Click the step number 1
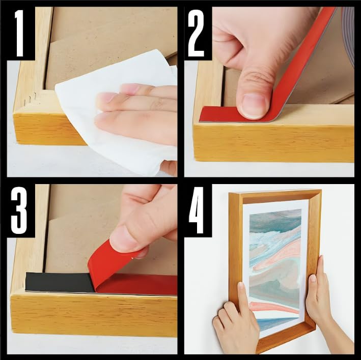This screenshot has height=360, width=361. point(19,34)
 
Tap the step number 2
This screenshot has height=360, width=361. point(196,34)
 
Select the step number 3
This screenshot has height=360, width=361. point(19,211)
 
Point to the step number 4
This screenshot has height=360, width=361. point(197,211)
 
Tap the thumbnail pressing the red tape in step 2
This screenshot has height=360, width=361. point(253,106)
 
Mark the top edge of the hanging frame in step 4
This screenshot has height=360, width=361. point(275,193)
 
